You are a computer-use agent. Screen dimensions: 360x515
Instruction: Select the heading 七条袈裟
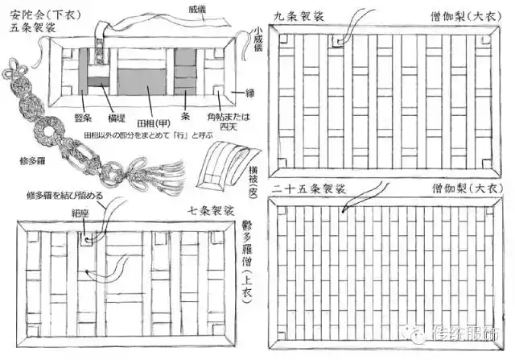[210, 211]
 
